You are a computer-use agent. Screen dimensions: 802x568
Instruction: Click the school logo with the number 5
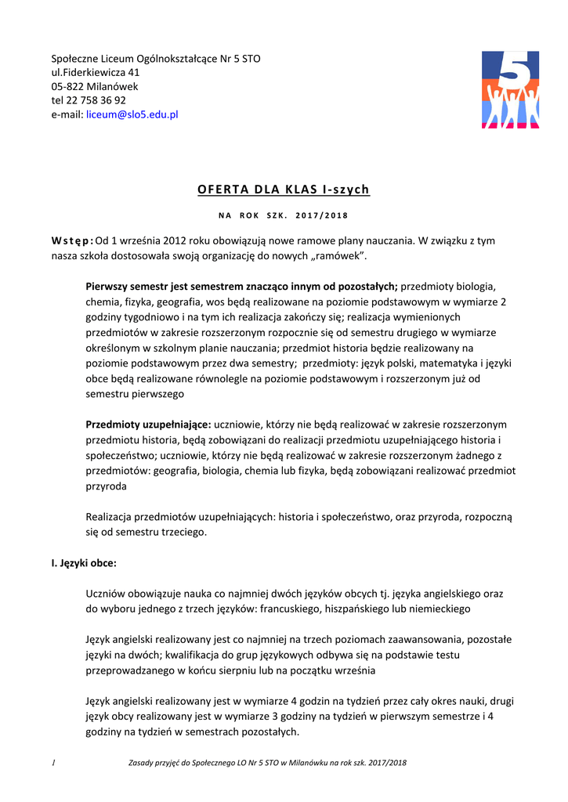click(x=510, y=89)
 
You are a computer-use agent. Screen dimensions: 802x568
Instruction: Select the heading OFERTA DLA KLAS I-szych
click(x=283, y=190)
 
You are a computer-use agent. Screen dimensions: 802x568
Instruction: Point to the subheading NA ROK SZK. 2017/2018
click(x=283, y=215)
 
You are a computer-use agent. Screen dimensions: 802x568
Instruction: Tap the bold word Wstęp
click(x=71, y=241)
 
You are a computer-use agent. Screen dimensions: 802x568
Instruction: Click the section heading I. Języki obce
click(x=84, y=562)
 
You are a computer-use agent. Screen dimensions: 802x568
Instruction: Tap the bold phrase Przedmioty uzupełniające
click(x=147, y=424)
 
